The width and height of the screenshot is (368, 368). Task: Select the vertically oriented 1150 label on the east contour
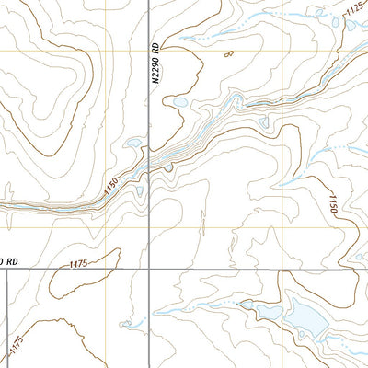click(334, 204)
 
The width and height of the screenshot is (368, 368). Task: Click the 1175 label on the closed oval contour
click(78, 264)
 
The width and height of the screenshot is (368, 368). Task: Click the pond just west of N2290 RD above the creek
click(134, 144)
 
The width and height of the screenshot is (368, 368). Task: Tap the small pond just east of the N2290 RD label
click(180, 101)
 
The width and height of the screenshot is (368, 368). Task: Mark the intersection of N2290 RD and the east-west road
click(149, 269)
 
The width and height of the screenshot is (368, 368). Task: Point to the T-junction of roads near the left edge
click(7, 270)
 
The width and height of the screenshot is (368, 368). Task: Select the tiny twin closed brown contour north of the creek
click(228, 54)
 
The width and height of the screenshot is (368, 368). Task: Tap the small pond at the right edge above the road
click(362, 260)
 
